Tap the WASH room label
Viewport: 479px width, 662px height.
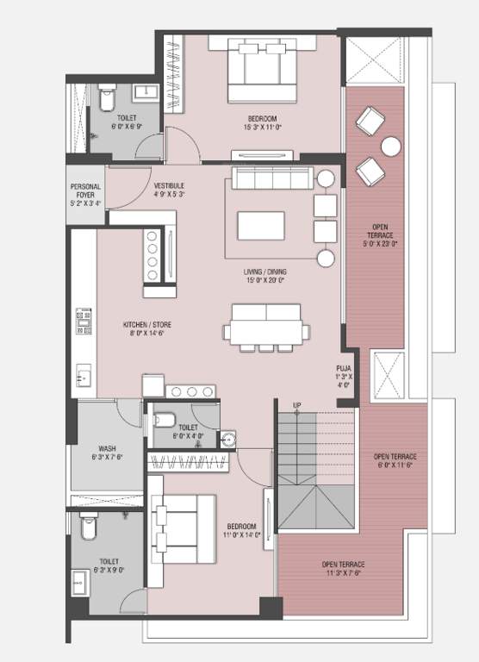click(108, 448)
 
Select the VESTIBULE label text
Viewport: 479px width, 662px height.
click(169, 185)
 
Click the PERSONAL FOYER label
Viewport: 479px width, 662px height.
click(85, 191)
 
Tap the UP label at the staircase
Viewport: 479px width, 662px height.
click(297, 405)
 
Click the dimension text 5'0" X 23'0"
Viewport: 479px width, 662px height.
click(378, 244)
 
